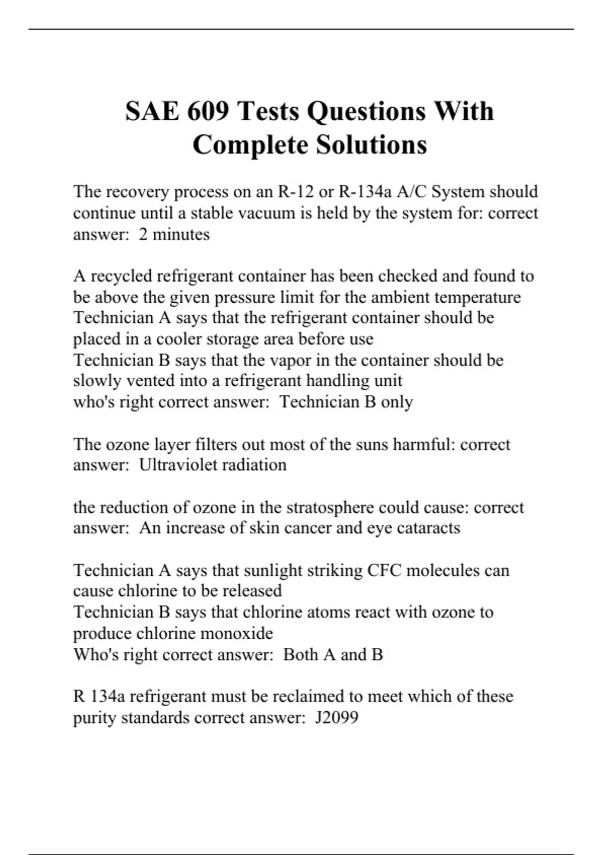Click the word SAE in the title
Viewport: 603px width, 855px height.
152,111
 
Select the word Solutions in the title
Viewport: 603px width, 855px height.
371,145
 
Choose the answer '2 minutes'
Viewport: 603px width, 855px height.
174,234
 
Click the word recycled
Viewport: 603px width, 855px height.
123,276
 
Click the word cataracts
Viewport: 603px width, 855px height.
428,528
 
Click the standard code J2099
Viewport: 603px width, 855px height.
337,717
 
